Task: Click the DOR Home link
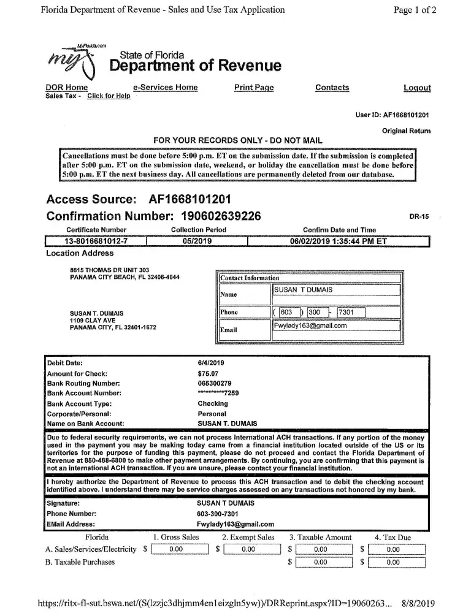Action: (x=67, y=88)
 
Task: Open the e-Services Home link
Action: (x=165, y=88)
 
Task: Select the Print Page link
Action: (x=254, y=88)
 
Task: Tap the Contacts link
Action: (x=332, y=88)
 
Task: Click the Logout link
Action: (x=417, y=88)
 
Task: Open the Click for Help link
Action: (x=109, y=96)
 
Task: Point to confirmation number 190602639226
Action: (x=221, y=216)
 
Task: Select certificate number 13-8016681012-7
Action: (x=96, y=241)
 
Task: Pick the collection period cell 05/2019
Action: (x=197, y=241)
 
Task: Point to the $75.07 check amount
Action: (x=207, y=373)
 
